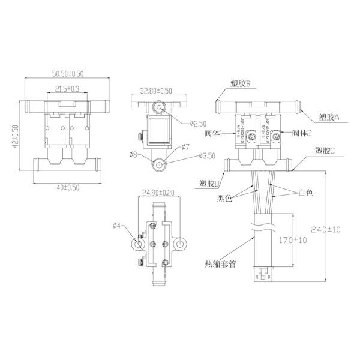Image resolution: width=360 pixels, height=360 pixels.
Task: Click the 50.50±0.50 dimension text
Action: [66, 74]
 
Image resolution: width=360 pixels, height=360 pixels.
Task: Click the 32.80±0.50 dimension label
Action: [155, 91]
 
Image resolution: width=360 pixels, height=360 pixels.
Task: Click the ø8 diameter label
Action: [133, 155]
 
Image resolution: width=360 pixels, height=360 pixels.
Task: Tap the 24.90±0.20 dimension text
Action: [157, 194]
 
